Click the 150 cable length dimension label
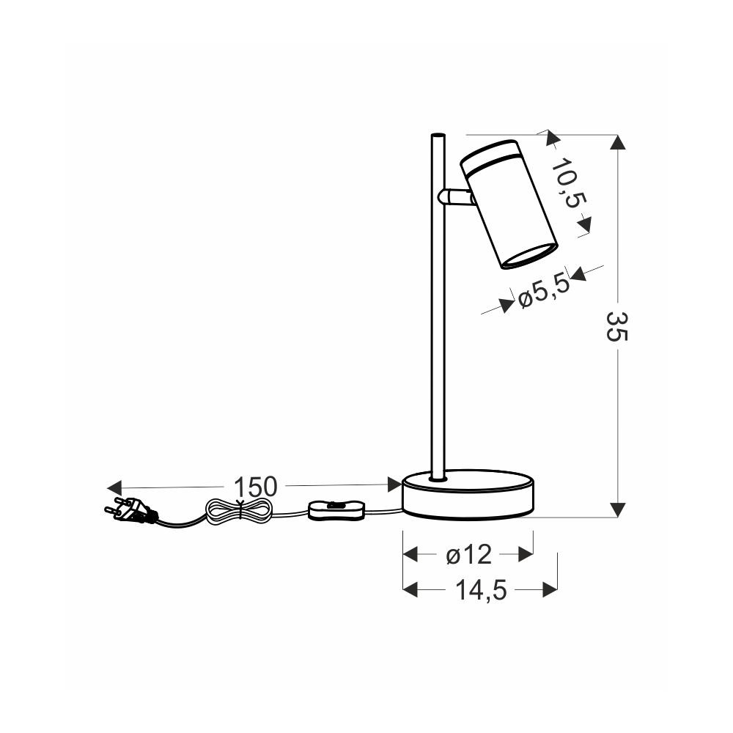click(x=255, y=487)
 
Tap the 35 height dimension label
click(x=617, y=327)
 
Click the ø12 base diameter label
click(x=469, y=555)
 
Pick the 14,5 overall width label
click(x=481, y=590)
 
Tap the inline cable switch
click(x=336, y=509)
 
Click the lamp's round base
click(x=468, y=494)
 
